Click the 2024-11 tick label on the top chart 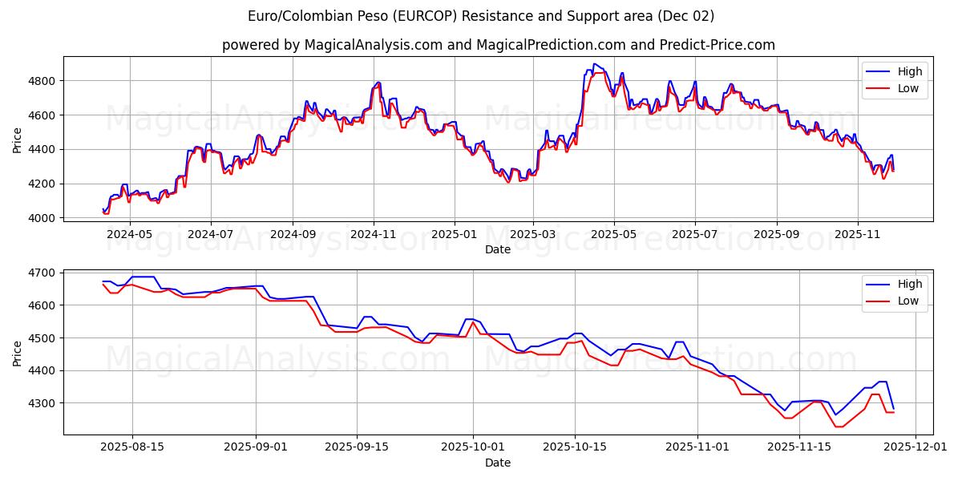(x=374, y=234)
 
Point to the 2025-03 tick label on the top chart (x=532, y=234)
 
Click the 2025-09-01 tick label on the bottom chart (x=257, y=447)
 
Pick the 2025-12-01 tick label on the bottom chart (x=913, y=447)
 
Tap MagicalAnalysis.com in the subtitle (x=374, y=45)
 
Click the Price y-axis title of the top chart (x=17, y=141)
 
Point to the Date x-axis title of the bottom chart (x=498, y=463)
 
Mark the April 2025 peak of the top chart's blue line (x=594, y=64)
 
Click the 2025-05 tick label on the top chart (x=614, y=234)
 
